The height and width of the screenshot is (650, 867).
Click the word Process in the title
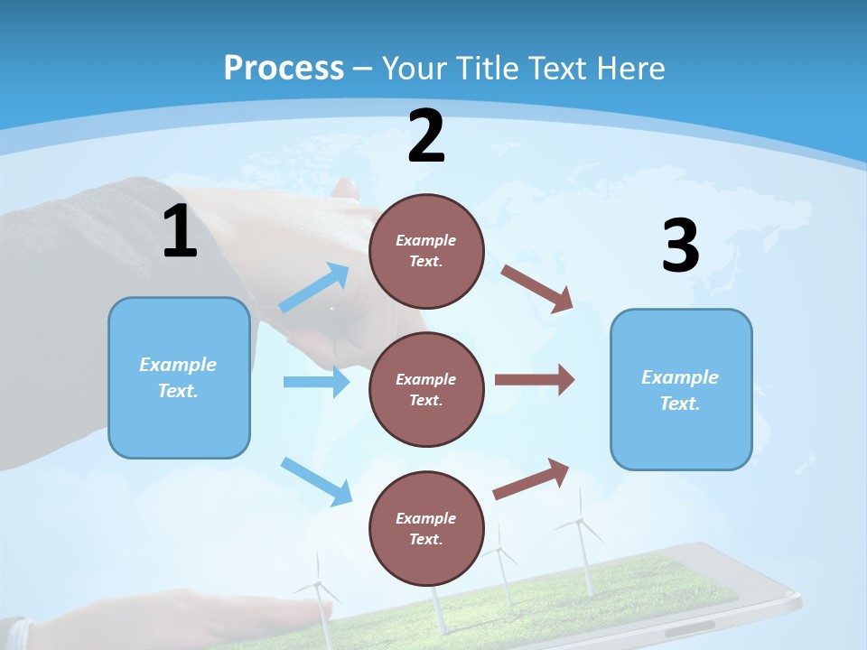click(284, 68)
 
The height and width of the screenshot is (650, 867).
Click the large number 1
click(180, 232)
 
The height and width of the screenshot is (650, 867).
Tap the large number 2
click(426, 137)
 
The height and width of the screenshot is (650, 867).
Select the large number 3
click(680, 246)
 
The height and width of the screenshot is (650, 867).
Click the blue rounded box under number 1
click(179, 377)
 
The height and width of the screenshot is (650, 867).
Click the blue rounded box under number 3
click(681, 389)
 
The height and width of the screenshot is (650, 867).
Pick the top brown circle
click(426, 251)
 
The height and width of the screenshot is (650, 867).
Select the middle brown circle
click(426, 389)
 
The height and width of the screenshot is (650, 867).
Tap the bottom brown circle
click(426, 528)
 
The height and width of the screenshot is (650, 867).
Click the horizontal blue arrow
click(316, 382)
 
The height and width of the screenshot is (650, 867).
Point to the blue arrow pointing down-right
click(317, 481)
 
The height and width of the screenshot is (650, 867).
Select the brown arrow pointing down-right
click(537, 289)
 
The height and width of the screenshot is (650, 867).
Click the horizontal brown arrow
click(535, 379)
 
